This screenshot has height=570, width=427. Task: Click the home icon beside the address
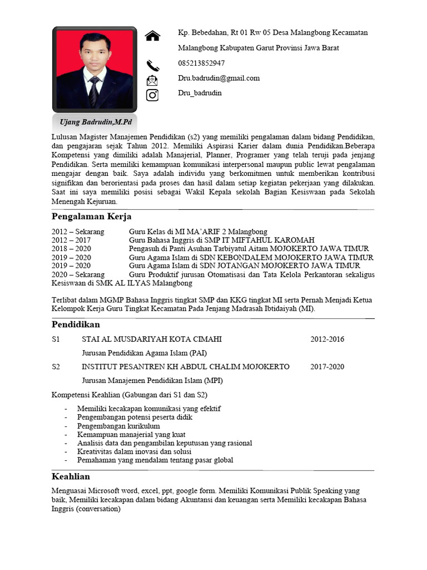152,36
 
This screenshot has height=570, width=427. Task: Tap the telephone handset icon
152,65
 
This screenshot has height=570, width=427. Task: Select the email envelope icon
152,80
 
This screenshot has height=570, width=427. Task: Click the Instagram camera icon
152,95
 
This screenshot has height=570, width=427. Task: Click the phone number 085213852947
201,63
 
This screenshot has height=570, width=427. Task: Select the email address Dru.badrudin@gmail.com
219,78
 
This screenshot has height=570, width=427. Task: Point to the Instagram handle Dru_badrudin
200,93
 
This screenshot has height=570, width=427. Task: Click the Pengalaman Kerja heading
91,217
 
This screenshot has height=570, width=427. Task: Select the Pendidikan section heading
76,324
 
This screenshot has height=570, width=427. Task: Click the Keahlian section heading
71,476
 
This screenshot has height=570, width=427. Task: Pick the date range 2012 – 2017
71,240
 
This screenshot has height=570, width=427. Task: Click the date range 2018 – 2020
71,248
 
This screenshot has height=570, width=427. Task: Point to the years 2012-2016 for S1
327,339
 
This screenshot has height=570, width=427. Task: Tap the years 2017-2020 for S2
327,367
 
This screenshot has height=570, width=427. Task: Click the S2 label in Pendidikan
56,367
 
